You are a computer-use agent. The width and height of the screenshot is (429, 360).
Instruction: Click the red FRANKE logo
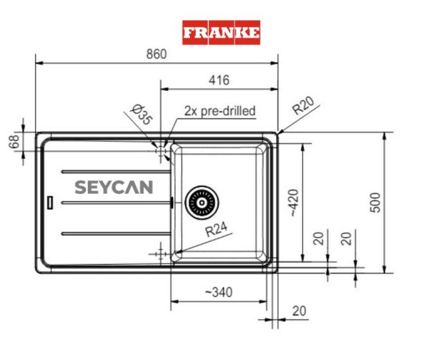(221, 32)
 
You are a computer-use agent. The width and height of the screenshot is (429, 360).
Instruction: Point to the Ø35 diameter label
(142, 115)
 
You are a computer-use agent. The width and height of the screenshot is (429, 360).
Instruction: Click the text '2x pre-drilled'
(220, 111)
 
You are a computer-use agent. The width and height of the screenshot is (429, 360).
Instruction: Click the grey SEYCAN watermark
(114, 188)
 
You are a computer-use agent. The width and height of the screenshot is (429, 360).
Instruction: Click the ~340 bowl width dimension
(218, 292)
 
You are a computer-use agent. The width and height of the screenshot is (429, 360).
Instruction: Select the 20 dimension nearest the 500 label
(347, 238)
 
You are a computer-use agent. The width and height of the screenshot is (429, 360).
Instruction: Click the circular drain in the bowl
(202, 203)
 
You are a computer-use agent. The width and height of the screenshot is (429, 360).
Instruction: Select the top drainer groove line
(115, 171)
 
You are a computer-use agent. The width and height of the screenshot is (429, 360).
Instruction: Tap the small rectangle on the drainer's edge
(49, 203)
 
